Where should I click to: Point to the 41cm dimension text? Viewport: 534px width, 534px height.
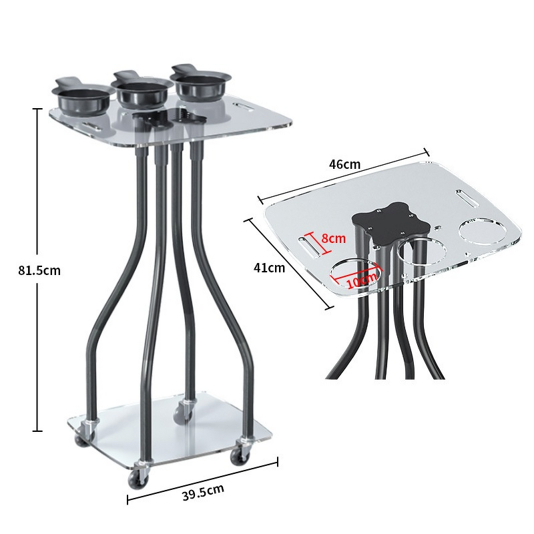pos(269,268)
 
